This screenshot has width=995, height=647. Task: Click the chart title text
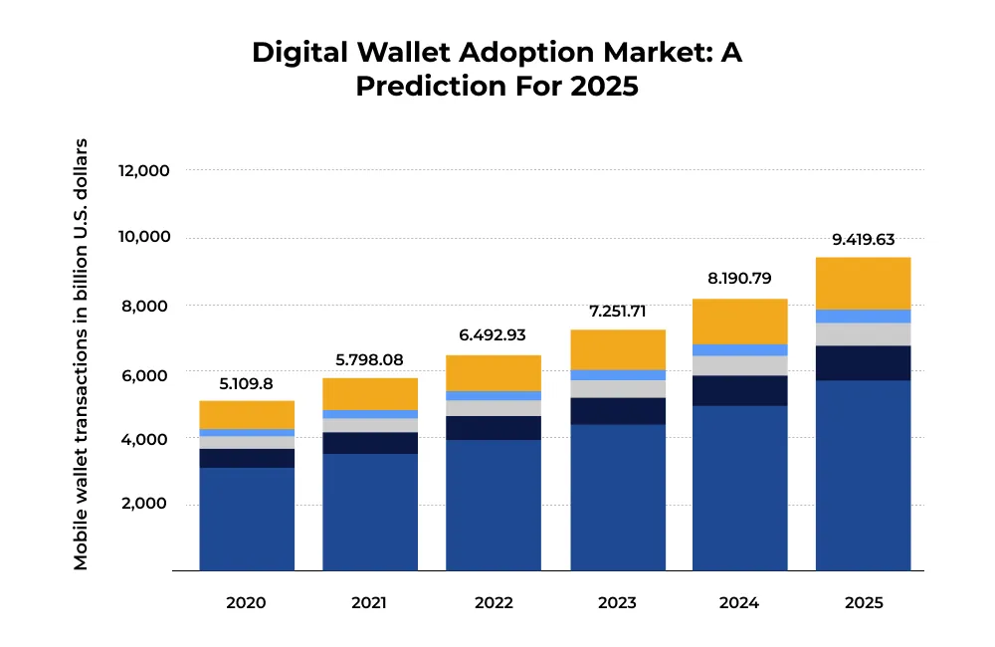click(497, 69)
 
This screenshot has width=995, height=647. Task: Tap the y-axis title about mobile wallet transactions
click(81, 354)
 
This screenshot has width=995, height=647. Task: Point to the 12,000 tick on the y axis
click(145, 170)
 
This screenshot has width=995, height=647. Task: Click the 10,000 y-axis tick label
click(145, 237)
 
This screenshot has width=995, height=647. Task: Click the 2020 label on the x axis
click(246, 603)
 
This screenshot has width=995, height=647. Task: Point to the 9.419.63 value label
click(863, 239)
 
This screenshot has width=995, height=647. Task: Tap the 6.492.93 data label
click(494, 335)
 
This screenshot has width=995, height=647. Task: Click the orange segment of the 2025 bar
click(863, 283)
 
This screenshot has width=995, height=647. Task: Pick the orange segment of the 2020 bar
click(247, 414)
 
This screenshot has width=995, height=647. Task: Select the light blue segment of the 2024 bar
click(739, 349)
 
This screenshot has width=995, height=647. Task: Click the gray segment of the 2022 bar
click(494, 408)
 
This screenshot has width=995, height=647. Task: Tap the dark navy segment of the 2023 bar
click(617, 411)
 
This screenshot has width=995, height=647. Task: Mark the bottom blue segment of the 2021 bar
click(370, 512)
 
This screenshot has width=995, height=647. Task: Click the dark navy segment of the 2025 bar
click(863, 362)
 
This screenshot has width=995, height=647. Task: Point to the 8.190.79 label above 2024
click(739, 280)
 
